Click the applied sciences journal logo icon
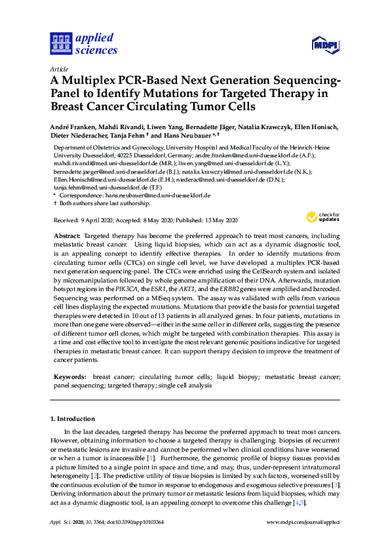(60, 44)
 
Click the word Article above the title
(59, 69)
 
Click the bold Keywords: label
(69, 377)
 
